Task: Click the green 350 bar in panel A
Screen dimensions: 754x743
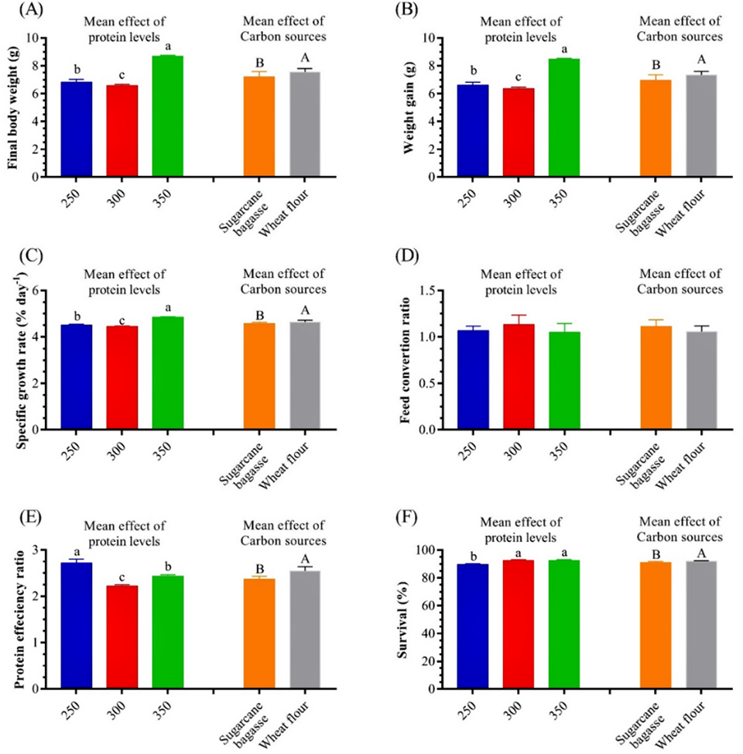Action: click(168, 116)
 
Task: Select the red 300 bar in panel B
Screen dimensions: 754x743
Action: click(519, 132)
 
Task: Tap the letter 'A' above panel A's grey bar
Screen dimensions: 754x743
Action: click(305, 58)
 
